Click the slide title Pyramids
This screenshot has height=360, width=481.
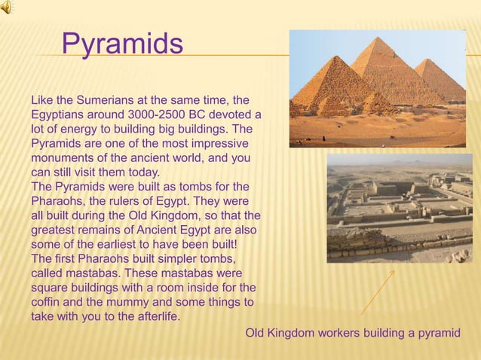[122, 44]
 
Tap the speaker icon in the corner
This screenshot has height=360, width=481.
[6, 7]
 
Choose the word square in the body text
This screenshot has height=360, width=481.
[49, 288]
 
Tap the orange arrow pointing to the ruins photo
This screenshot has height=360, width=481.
[377, 292]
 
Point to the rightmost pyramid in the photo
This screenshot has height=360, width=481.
[440, 79]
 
